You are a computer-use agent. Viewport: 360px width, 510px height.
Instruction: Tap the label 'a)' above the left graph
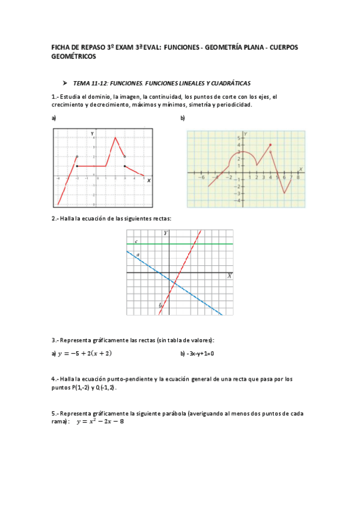pyautogui.click(x=54, y=118)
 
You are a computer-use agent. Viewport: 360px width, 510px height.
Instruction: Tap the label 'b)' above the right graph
pyautogui.click(x=183, y=118)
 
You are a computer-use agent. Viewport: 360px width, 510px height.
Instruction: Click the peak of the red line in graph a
pyautogui.click(x=115, y=138)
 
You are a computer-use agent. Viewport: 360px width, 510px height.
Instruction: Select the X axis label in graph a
pyautogui.click(x=148, y=180)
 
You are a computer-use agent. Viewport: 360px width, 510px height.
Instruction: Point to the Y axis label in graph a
pyautogui.click(x=92, y=132)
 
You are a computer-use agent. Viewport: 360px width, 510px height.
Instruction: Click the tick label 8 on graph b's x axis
pyautogui.click(x=298, y=178)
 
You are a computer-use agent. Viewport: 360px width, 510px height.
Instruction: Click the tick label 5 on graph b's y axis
pyautogui.click(x=239, y=138)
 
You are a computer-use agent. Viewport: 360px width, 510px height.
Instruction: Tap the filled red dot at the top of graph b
pyautogui.click(x=270, y=145)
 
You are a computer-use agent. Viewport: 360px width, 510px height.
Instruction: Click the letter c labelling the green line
pyautogui.click(x=136, y=241)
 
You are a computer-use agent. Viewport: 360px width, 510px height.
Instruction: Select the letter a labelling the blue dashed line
pyautogui.click(x=138, y=255)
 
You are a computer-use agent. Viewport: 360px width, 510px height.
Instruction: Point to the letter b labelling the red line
pyautogui.click(x=160, y=306)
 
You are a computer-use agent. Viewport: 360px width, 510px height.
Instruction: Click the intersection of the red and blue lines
pyautogui.click(x=172, y=282)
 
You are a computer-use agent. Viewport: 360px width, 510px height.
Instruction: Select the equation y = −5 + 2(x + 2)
pyautogui.click(x=84, y=354)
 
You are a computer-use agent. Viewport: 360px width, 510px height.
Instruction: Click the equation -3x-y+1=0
pyautogui.click(x=197, y=354)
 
